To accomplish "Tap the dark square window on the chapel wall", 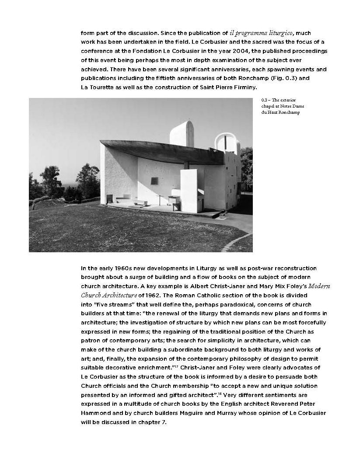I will click(154, 181).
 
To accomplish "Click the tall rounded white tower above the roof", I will click(181, 133).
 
